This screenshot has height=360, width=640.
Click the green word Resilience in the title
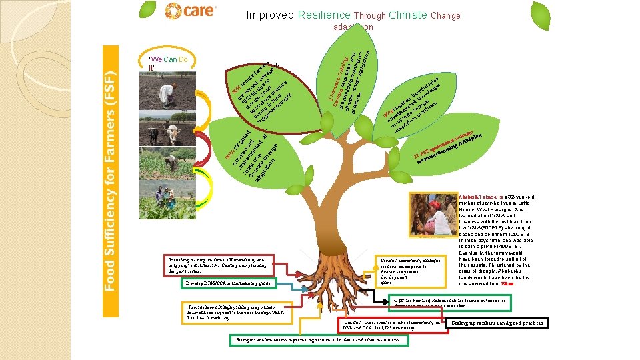click(x=324, y=15)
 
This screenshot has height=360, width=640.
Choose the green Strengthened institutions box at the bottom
click(x=318, y=340)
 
